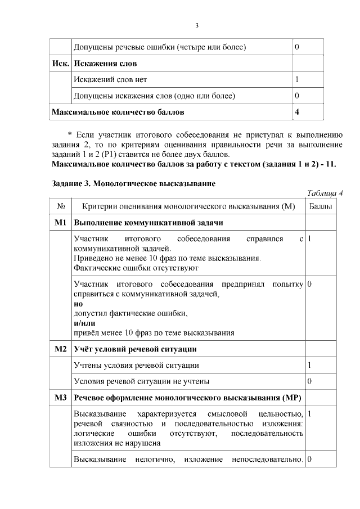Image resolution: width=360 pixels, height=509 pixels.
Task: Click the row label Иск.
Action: coord(60,63)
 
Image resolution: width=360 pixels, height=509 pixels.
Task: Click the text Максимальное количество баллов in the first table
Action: coord(118,112)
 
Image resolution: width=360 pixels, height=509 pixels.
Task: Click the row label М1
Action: coord(61,223)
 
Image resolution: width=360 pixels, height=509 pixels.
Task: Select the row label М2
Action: coord(61,349)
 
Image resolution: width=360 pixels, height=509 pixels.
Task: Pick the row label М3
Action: coord(61,398)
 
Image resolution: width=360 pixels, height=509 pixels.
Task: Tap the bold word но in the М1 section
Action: coord(78,304)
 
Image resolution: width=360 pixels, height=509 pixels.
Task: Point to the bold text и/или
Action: coord(84,323)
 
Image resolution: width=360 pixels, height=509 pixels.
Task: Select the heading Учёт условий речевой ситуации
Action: coord(135,349)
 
